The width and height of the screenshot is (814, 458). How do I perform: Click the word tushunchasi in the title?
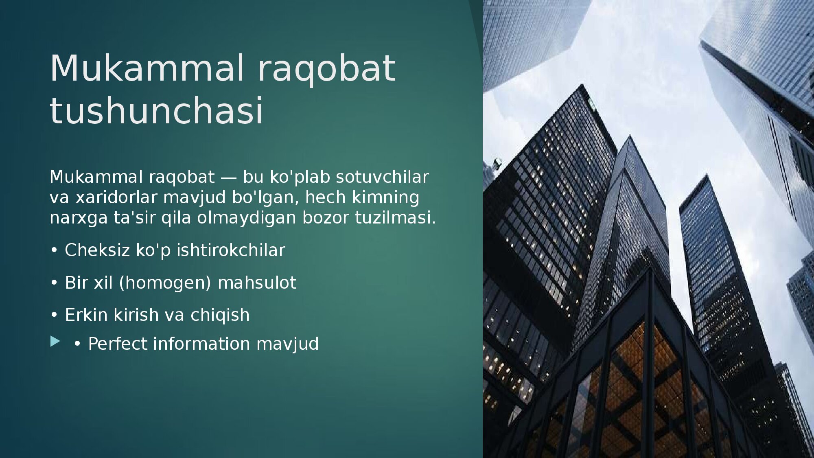click(x=157, y=111)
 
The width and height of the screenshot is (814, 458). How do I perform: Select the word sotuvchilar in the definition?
click(x=382, y=177)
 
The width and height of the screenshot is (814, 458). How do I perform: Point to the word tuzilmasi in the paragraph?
click(x=395, y=218)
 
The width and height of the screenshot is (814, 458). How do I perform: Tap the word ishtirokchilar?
click(x=231, y=250)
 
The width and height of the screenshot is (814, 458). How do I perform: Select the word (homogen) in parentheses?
click(x=165, y=283)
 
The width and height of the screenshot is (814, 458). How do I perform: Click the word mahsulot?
click(x=257, y=283)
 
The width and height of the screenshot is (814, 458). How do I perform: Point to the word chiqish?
click(x=220, y=315)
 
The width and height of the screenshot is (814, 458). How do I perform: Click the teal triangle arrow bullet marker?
click(x=55, y=342)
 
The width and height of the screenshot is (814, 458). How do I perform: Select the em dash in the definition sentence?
click(x=228, y=178)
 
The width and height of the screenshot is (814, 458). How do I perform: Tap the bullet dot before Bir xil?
click(x=54, y=283)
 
